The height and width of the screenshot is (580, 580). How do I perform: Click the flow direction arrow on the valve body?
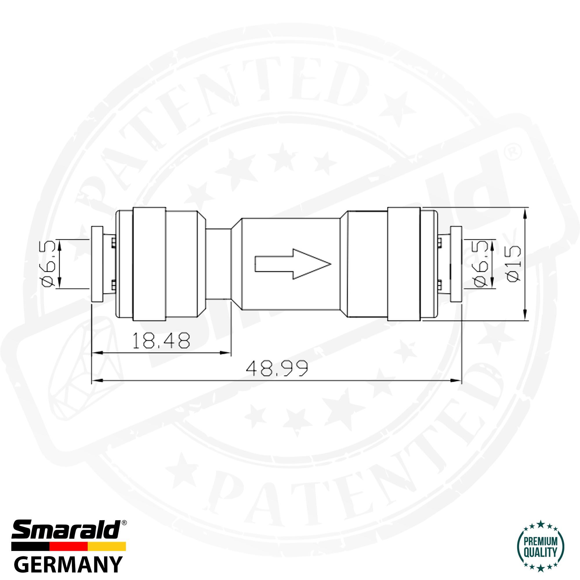(293, 264)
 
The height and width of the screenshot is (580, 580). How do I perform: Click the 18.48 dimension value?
(161, 340)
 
